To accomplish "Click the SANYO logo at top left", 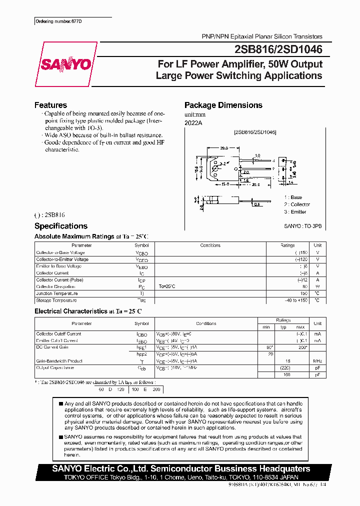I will (66, 64).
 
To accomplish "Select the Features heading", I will (50, 105).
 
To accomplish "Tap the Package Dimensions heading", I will (223, 105).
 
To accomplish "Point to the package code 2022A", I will (193, 122).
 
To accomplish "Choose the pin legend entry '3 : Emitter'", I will (295, 211).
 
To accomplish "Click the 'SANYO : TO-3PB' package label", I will (303, 226).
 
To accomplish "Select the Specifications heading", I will (60, 226).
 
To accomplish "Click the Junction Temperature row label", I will (56, 293).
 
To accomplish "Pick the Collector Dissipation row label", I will (56, 286).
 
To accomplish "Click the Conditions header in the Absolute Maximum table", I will (210, 245).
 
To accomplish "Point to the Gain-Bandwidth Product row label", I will (58, 360).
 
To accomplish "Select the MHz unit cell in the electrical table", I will (317, 360).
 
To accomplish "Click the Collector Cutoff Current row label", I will (58, 333).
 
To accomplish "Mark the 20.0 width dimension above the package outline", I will (223, 148).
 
